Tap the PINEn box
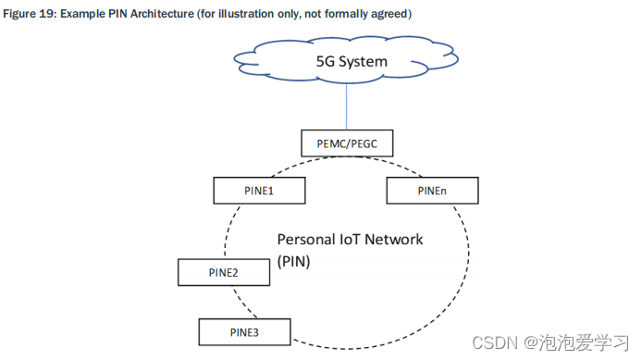(x=430, y=191)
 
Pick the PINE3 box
(x=244, y=330)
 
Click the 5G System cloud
(x=342, y=64)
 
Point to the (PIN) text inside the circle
(x=295, y=262)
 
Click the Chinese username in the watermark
(x=587, y=342)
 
